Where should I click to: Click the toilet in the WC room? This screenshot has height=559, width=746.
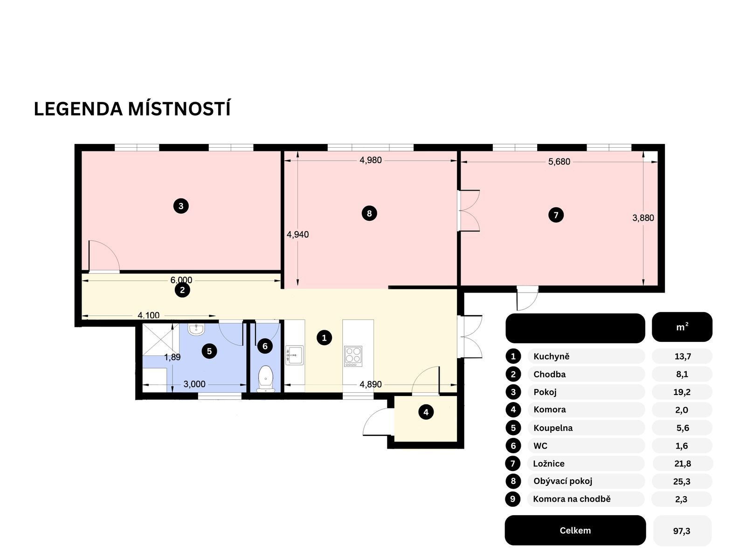[x=266, y=377]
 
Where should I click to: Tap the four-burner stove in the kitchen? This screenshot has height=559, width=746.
[x=353, y=356]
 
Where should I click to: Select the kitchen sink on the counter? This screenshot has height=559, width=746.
[x=294, y=355]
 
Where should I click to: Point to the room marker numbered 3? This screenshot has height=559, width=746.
[x=181, y=205]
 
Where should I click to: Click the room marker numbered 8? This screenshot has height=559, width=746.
[x=369, y=213]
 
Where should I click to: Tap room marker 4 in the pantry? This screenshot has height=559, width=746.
[x=426, y=412]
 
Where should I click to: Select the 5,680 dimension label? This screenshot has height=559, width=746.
[x=559, y=162]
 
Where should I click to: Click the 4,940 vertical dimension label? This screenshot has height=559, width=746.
[x=297, y=234]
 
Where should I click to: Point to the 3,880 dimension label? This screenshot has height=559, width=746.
[x=643, y=218]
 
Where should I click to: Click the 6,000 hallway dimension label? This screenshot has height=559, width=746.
[x=181, y=280]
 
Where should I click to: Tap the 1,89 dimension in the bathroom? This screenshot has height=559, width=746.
[x=172, y=357]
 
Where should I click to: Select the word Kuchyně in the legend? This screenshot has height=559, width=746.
[x=552, y=356]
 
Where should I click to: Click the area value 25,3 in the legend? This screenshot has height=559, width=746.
[x=681, y=481]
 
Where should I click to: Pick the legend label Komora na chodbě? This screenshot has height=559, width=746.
[x=572, y=499]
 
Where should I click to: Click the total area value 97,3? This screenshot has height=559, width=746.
[x=682, y=531]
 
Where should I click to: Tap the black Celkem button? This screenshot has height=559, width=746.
[x=575, y=531]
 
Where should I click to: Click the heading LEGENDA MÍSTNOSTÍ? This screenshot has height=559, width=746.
[x=132, y=109]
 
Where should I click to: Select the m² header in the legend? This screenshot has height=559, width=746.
[x=682, y=327]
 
